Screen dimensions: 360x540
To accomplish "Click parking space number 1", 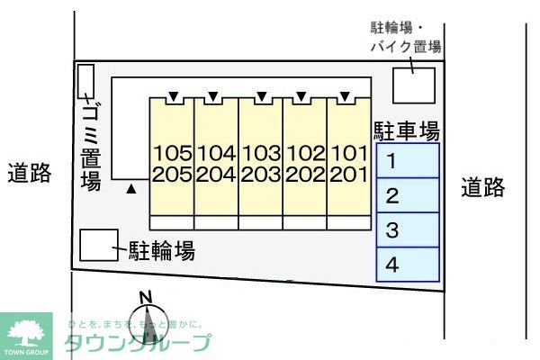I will [408, 162].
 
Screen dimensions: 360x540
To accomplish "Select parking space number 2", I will [408, 196].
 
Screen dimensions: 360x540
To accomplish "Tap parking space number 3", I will [408, 230].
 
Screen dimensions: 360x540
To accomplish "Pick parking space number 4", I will [408, 264].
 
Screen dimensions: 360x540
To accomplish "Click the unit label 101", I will [347, 152].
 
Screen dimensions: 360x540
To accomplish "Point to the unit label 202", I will [304, 174].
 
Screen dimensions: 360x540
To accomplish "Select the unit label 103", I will [260, 152].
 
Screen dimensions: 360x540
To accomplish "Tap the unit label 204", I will [216, 174].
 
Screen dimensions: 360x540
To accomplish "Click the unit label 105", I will [173, 152].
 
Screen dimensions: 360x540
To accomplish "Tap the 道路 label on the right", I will [483, 187].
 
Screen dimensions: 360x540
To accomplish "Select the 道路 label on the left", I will [30, 173].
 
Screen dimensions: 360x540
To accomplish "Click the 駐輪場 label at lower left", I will [162, 250].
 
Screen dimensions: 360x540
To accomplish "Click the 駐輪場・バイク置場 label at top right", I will [406, 37].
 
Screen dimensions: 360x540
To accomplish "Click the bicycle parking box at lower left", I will [98, 245].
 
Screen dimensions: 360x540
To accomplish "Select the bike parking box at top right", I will [414, 85].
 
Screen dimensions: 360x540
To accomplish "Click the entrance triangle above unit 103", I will [260, 96].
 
